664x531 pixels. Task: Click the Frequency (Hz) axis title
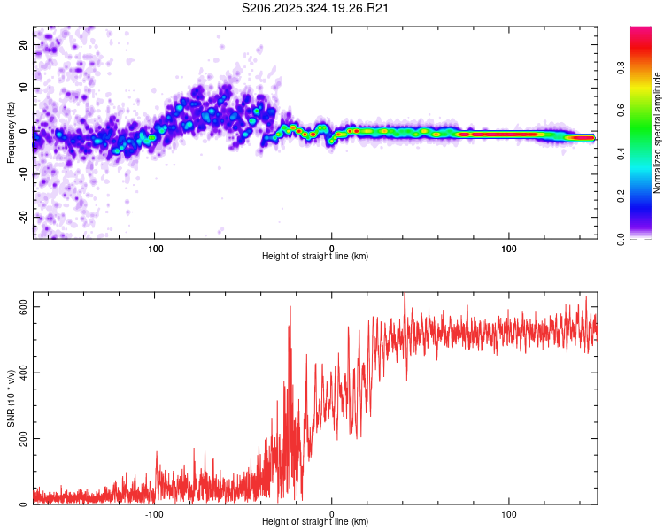click(x=11, y=132)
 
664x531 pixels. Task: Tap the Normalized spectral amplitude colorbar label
click(x=657, y=133)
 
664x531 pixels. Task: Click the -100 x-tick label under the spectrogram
click(x=154, y=249)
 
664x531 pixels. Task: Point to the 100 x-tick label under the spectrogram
click(x=509, y=249)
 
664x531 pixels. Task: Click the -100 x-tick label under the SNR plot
click(x=154, y=514)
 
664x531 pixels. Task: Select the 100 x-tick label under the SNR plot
click(x=509, y=514)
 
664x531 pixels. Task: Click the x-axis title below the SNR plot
click(x=315, y=523)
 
